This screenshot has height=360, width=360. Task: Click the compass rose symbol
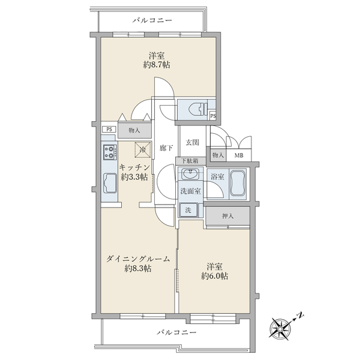(281, 327)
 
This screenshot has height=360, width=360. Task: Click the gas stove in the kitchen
(109, 152)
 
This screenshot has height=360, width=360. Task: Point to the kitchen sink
(110, 182)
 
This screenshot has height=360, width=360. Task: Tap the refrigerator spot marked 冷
(142, 149)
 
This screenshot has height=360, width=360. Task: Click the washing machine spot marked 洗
(187, 211)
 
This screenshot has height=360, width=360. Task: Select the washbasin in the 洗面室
(191, 175)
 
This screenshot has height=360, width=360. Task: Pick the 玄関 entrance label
(192, 142)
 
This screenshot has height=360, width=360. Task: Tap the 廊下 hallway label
(166, 148)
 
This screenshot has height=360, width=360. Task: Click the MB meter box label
(239, 155)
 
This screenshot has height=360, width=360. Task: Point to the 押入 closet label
(227, 216)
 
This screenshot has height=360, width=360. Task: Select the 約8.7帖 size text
(157, 64)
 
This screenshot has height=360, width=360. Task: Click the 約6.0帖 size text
(214, 276)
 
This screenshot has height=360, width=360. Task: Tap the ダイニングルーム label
(138, 259)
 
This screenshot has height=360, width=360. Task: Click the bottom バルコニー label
(176, 331)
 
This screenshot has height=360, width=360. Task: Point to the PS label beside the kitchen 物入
(109, 129)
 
